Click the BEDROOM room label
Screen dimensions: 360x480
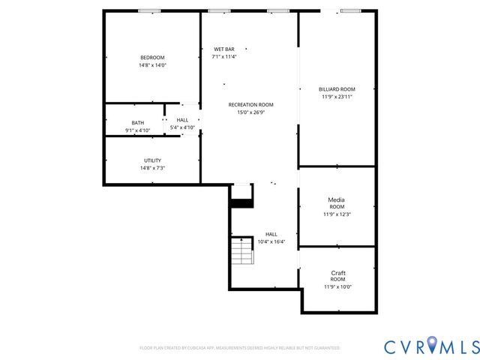coord(152,58)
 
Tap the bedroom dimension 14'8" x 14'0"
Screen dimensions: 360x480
coord(152,65)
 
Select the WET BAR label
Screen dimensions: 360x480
coord(223,49)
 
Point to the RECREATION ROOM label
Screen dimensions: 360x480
coord(250,105)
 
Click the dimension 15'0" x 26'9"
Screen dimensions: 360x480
coord(250,112)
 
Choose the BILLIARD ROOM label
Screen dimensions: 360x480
coord(337,89)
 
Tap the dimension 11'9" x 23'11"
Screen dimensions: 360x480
coord(337,97)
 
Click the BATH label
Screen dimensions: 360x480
coord(137,123)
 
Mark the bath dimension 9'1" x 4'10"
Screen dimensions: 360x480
coord(137,130)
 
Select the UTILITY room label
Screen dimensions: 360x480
coord(152,160)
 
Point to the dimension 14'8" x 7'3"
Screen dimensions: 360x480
coord(152,168)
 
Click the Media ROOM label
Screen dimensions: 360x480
coord(337,202)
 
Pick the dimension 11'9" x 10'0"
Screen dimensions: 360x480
coord(337,286)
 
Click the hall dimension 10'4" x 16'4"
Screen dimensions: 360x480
coord(271,241)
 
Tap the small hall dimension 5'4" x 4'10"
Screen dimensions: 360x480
coord(182,127)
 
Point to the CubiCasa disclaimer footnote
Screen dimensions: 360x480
coord(240,348)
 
